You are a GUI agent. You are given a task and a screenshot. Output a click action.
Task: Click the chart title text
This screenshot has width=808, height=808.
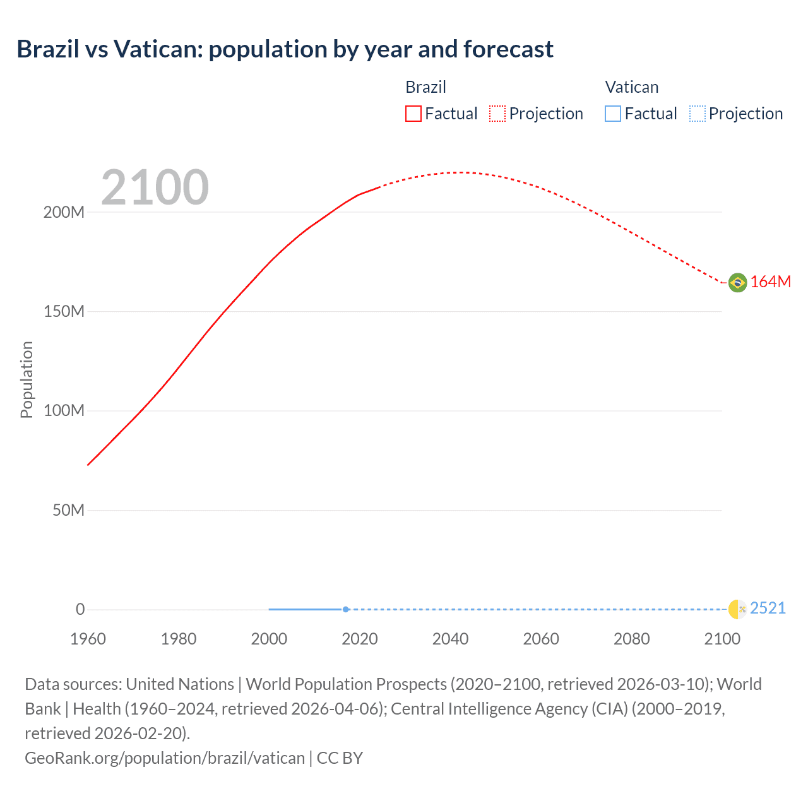[x=285, y=49]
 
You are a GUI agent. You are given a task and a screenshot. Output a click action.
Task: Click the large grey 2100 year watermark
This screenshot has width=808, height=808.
[x=155, y=187]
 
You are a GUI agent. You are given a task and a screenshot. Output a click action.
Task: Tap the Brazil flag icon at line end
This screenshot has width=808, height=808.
[x=737, y=282]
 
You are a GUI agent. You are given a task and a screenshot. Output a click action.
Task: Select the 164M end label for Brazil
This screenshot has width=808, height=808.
[x=770, y=282]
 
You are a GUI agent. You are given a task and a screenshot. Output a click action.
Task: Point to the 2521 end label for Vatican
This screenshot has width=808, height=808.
[x=768, y=609]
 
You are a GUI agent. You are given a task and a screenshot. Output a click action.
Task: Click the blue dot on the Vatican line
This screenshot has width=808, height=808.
[x=346, y=609]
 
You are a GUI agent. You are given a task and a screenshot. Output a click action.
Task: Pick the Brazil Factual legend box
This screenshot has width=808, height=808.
[x=413, y=114]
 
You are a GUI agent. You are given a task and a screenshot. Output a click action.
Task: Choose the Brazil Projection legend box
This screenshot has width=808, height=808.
[x=497, y=114]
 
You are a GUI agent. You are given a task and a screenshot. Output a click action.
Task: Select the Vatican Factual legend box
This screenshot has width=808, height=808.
[x=613, y=114]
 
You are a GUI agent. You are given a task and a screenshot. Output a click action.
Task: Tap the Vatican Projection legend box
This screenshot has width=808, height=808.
[x=697, y=114]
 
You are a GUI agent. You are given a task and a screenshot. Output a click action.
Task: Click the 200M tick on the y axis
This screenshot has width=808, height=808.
[x=64, y=212]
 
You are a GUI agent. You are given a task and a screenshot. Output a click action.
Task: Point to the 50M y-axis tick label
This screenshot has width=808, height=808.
[x=68, y=510]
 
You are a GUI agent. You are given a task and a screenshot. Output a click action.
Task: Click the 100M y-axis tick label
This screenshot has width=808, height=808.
[x=64, y=411]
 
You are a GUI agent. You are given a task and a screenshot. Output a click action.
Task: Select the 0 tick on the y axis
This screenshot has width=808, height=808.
[x=80, y=609]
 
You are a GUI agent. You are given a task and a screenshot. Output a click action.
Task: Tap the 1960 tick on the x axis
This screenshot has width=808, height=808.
[x=88, y=639]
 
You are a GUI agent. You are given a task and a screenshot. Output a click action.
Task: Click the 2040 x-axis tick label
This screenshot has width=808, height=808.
[x=450, y=639]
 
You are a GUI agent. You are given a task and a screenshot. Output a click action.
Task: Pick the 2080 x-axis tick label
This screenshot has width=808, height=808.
[x=631, y=639]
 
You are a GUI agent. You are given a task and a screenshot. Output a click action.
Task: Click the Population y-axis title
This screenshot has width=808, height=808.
[x=27, y=379]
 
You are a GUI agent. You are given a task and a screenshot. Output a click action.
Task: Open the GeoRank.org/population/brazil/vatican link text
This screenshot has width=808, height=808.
[x=165, y=758]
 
